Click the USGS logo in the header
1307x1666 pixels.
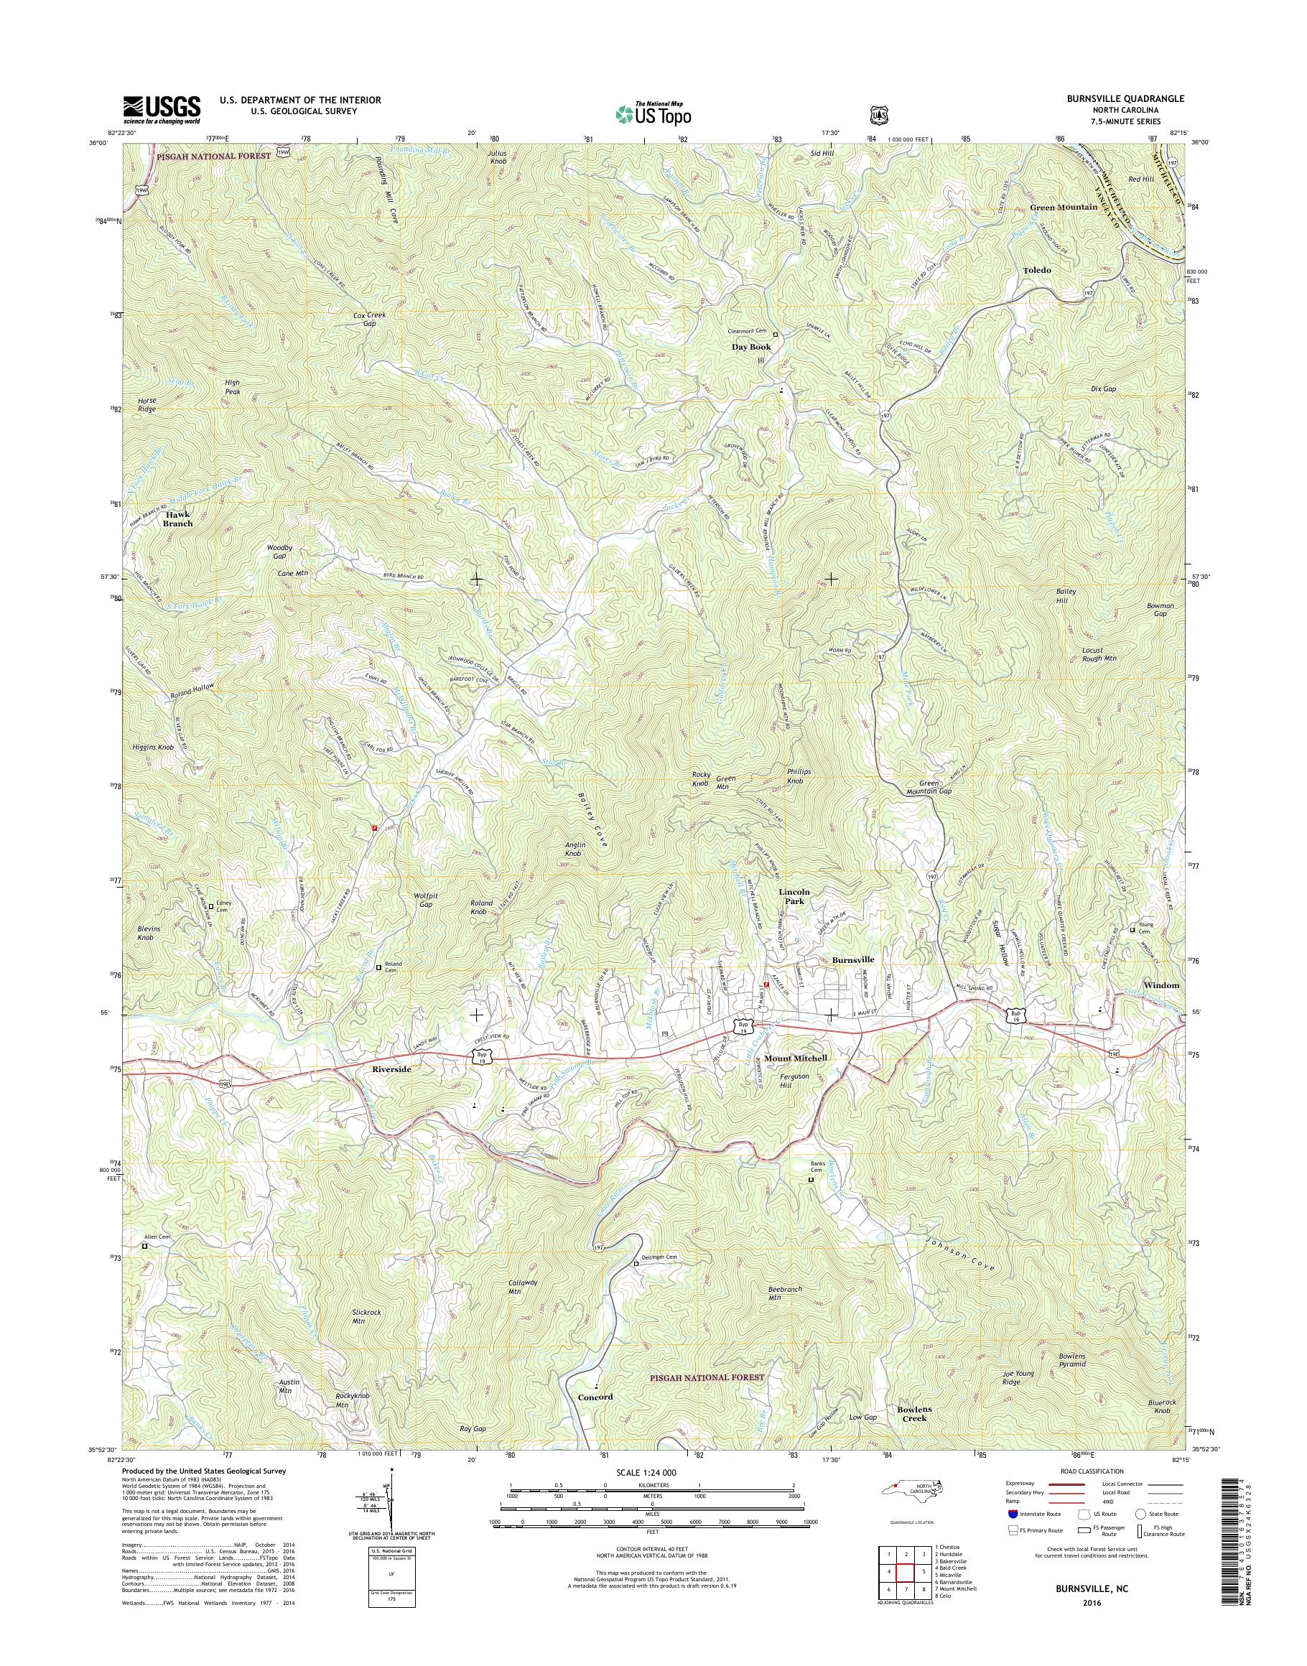162,109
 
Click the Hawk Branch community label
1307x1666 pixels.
177,519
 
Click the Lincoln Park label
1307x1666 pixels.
794,896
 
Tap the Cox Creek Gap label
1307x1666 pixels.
370,319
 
